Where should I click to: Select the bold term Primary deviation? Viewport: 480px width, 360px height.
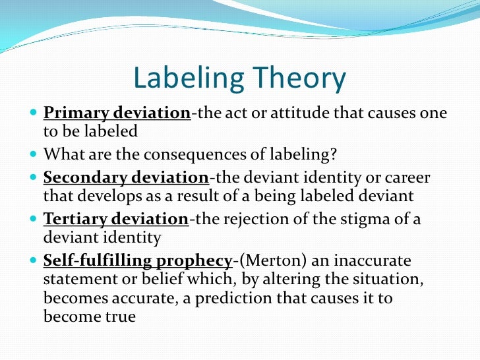(117, 113)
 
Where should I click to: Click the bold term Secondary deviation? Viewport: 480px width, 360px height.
(125, 177)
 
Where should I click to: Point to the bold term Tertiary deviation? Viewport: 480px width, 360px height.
(116, 219)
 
